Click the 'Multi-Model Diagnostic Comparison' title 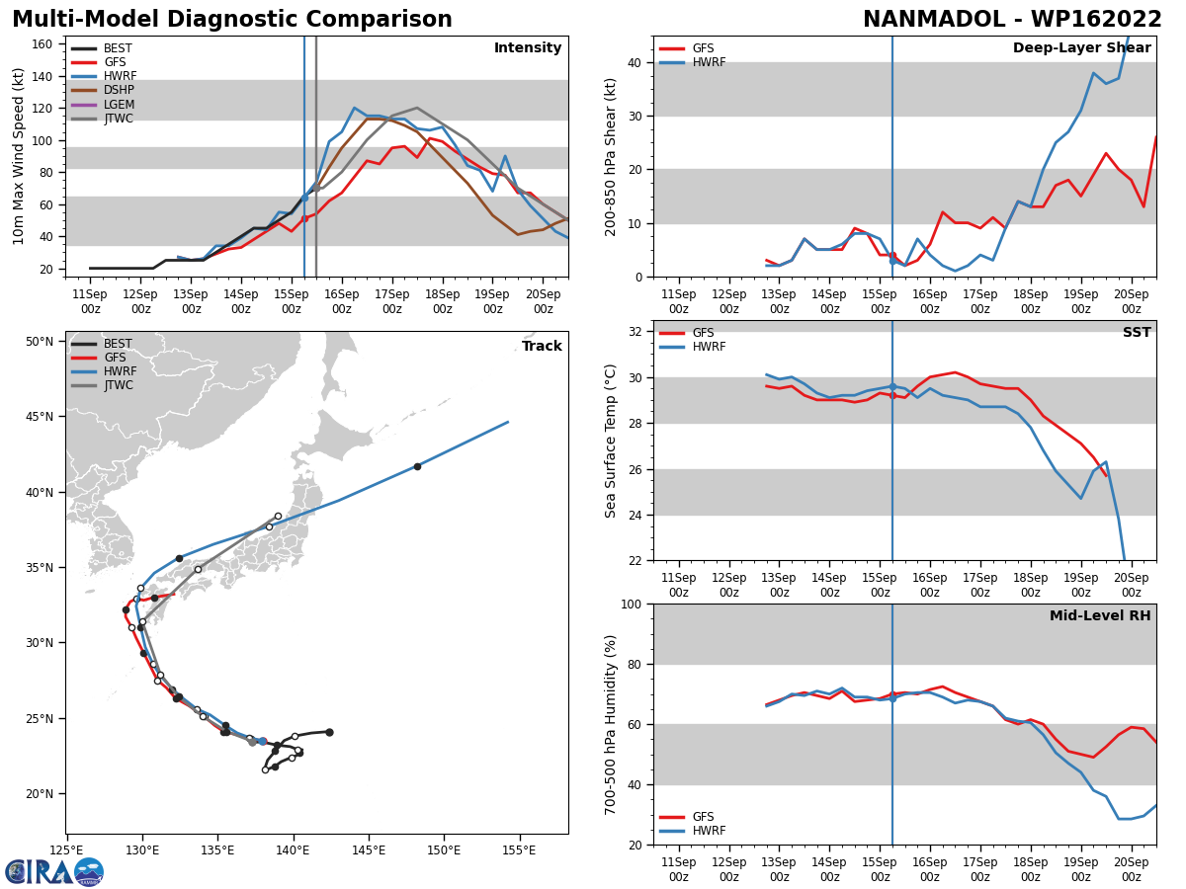(x=231, y=20)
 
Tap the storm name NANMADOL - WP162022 (x=1012, y=20)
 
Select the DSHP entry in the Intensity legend (x=119, y=91)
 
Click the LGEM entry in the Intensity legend (x=119, y=105)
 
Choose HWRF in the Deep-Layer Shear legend (x=708, y=62)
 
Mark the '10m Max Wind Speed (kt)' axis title (x=19, y=156)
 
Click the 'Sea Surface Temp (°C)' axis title (x=611, y=441)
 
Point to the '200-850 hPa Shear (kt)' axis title (x=611, y=156)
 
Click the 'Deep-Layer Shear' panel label (x=1081, y=48)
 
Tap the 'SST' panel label (x=1137, y=333)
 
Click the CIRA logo (x=54, y=871)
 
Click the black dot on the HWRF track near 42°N (x=417, y=466)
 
